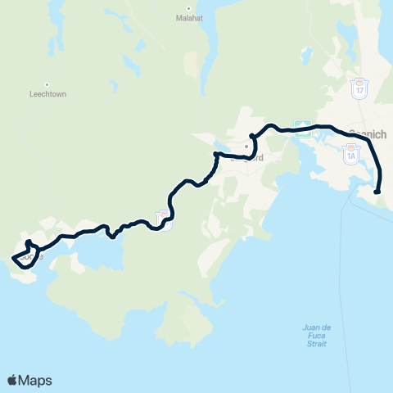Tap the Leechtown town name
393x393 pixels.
point(47,94)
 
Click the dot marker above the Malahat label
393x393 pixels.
point(189,7)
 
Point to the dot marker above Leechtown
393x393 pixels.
point(47,84)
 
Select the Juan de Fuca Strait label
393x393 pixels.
point(314,336)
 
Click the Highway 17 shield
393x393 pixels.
point(359,88)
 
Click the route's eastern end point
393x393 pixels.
point(377,192)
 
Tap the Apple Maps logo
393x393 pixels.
point(29,380)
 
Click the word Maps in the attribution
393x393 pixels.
point(36,380)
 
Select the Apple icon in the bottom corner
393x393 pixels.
point(12,379)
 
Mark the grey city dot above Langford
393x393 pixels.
point(244,147)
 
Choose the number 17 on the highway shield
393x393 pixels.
point(359,90)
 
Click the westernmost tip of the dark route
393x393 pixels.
point(11,260)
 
